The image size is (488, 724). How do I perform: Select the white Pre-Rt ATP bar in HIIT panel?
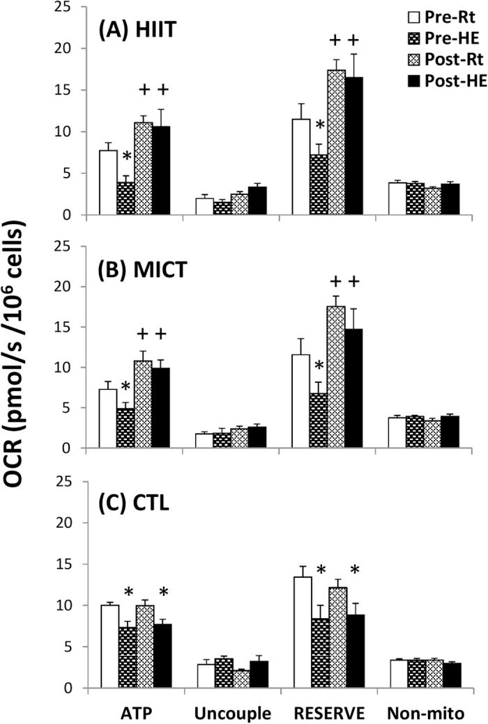click(x=107, y=182)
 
